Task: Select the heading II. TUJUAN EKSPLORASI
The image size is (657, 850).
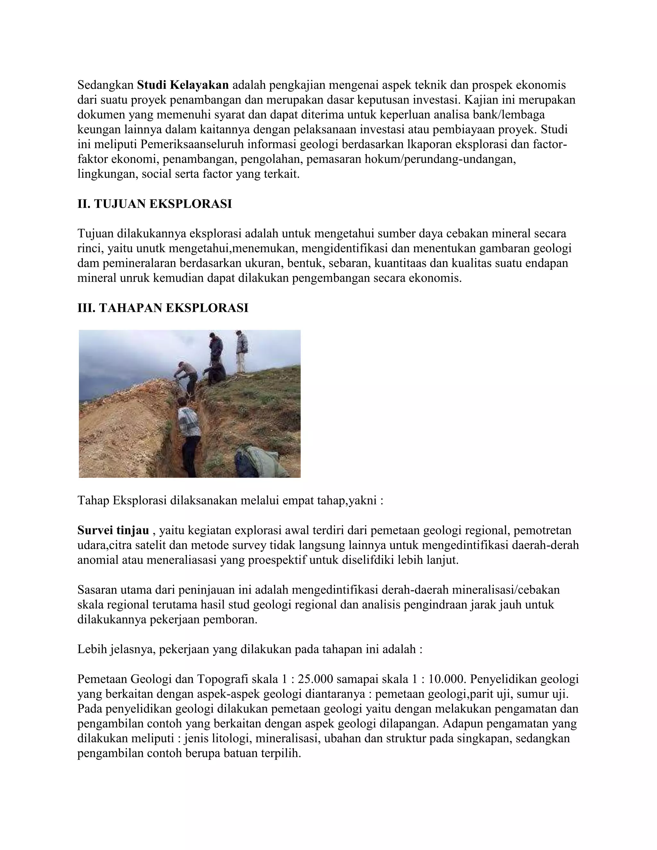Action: (x=155, y=204)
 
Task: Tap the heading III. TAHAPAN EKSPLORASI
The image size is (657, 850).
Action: (x=163, y=308)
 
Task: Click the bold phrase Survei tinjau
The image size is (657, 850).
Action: (x=113, y=531)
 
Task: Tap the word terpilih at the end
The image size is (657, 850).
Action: (x=282, y=753)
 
